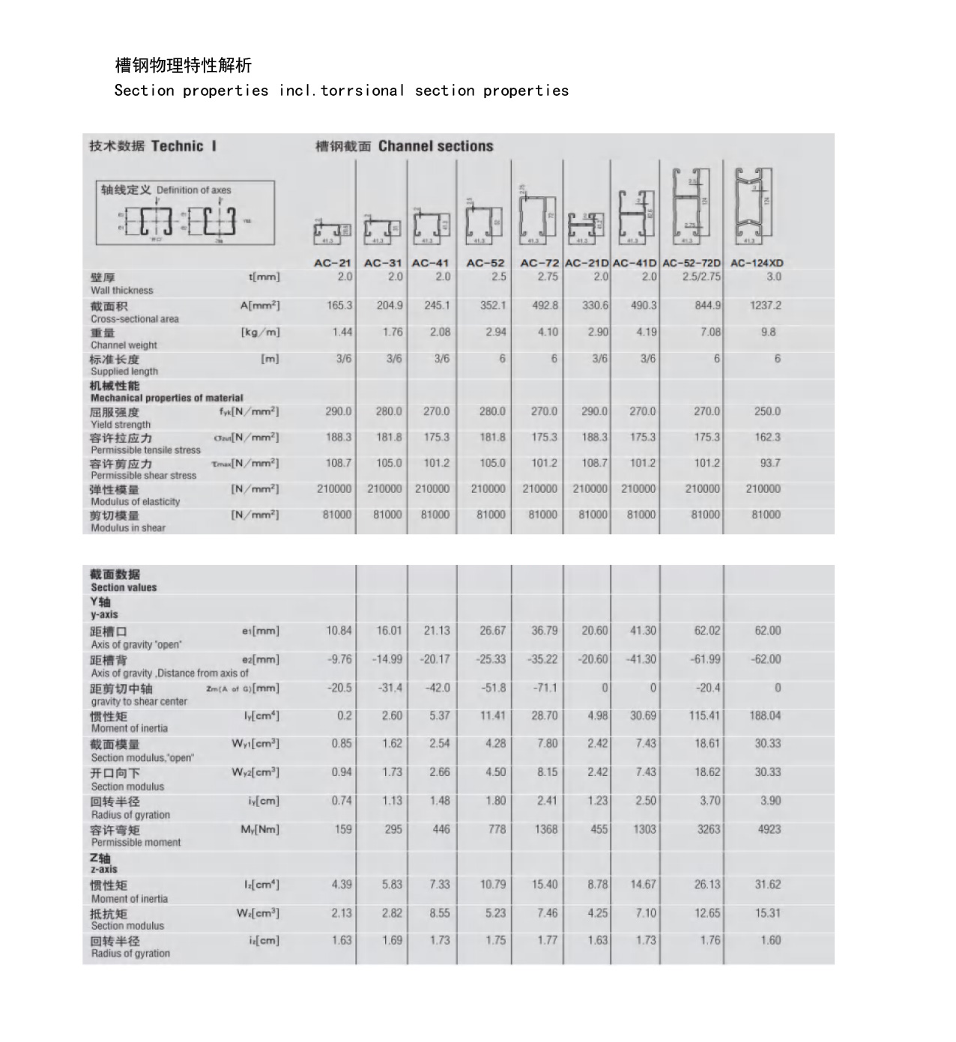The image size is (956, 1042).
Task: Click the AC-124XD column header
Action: (757, 263)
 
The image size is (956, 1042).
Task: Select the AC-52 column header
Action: (485, 263)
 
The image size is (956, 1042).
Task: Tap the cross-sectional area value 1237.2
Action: (765, 306)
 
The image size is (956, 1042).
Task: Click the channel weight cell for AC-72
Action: (548, 332)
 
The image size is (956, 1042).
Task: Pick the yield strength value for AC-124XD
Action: (767, 411)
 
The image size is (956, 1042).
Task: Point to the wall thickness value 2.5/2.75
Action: (701, 276)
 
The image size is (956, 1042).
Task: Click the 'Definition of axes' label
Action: (193, 190)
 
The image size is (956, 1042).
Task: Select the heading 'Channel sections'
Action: (435, 146)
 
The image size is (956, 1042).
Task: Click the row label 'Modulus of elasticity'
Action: (135, 502)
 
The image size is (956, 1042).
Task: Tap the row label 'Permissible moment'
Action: (136, 843)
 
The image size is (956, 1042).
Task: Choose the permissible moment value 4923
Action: (769, 829)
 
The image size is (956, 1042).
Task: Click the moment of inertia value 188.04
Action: (764, 716)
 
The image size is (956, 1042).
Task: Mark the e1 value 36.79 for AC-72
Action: (545, 631)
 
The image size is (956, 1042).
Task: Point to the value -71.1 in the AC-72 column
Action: (545, 688)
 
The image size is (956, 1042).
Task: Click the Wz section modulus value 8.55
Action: (440, 913)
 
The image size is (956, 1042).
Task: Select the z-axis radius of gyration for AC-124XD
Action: (770, 940)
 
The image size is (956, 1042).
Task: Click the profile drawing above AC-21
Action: (332, 232)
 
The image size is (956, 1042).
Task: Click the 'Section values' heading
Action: (124, 588)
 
